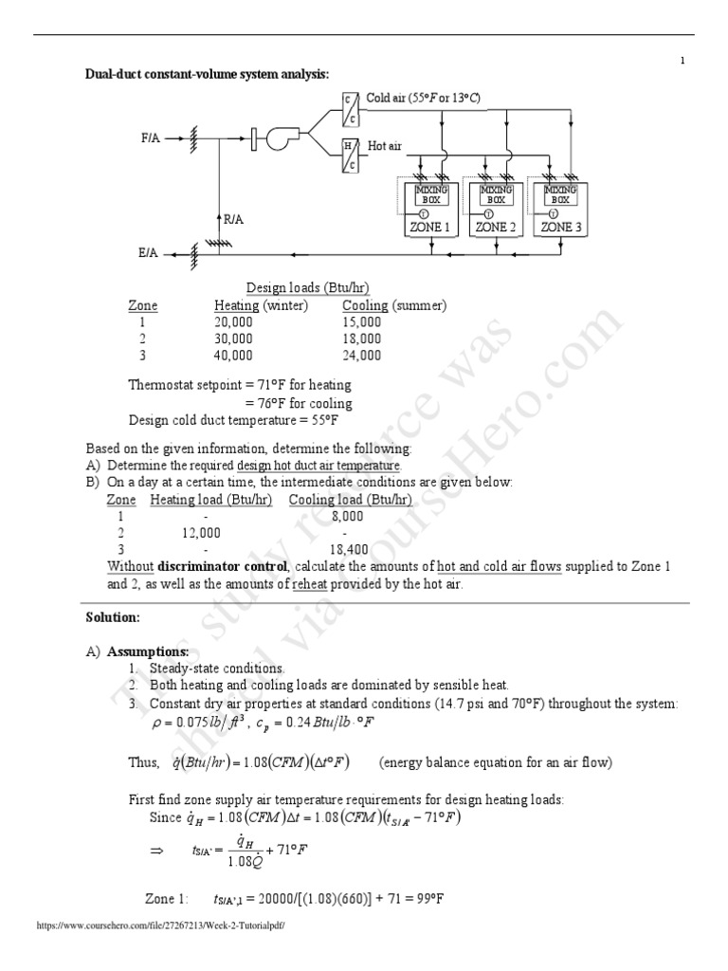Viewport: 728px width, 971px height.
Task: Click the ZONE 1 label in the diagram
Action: (429, 228)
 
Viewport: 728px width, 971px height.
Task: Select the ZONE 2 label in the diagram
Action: (496, 228)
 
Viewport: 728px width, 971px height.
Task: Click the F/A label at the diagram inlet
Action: (150, 137)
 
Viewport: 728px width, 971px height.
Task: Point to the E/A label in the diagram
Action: (149, 254)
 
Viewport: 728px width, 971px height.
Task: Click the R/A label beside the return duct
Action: (234, 219)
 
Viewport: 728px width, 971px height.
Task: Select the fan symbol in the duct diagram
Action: (280, 138)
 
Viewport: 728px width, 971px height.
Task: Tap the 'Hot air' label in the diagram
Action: (385, 146)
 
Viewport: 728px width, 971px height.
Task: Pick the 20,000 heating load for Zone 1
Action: (233, 322)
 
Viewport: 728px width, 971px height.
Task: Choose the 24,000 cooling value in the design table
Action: (361, 356)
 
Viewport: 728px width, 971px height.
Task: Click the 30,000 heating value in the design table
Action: (233, 339)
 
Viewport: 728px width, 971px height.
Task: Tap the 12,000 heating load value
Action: (201, 533)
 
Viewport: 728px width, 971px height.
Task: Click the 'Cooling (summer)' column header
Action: (394, 305)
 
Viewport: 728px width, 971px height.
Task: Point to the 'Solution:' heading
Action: (113, 617)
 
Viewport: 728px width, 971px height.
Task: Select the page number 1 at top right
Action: (682, 62)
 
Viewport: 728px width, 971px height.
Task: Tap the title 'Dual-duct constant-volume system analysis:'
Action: (208, 75)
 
